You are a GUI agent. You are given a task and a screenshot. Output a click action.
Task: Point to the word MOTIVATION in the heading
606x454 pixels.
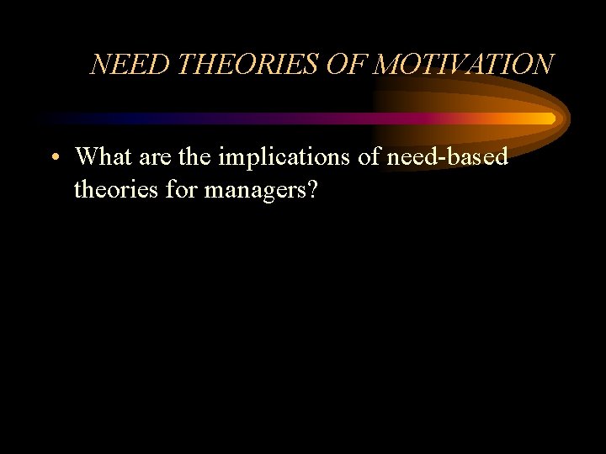click(463, 65)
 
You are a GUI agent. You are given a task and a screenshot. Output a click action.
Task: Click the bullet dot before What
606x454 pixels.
click(53, 158)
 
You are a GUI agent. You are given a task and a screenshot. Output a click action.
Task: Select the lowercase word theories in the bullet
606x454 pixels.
click(114, 190)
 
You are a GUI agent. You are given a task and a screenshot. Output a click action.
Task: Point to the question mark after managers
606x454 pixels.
click(312, 190)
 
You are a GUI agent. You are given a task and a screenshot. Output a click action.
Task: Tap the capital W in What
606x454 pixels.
click(87, 156)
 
